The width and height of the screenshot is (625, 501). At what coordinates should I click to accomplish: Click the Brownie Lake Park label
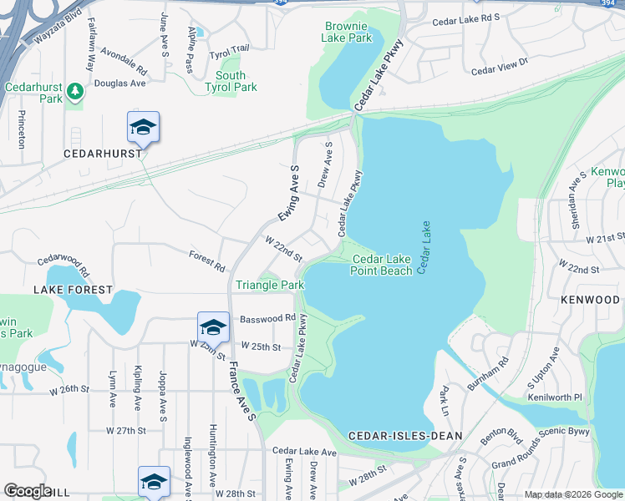(348, 32)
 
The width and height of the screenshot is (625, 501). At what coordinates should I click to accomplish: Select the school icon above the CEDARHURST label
(143, 128)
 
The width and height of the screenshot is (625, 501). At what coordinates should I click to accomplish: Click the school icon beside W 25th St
(213, 326)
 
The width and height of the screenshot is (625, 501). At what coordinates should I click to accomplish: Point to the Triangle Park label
(269, 285)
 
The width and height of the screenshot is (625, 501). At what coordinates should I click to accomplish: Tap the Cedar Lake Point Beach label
(381, 265)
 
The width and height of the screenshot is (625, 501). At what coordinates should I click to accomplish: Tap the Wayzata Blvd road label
(60, 28)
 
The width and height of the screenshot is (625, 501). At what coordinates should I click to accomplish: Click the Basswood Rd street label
(267, 318)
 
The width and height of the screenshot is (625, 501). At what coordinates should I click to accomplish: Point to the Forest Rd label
(206, 261)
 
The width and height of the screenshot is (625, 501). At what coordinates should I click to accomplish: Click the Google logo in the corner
(28, 491)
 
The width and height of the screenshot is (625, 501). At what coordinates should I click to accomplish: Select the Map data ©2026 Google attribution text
(572, 494)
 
